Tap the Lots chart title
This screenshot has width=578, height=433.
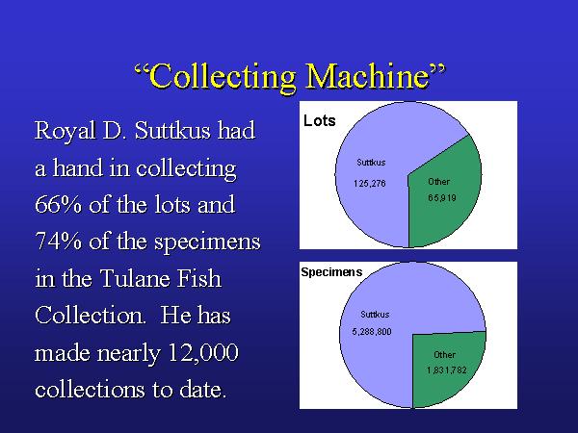point(319,121)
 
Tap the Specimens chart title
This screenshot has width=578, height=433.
point(331,272)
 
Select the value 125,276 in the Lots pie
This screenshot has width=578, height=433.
point(369,184)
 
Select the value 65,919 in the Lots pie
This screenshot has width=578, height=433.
point(442,198)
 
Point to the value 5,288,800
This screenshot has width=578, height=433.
point(372,332)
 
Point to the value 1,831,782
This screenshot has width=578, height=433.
point(447,370)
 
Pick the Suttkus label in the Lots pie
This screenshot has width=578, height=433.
point(371,163)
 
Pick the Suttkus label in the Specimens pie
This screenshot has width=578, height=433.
point(375,315)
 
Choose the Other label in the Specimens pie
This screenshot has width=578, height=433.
point(444,355)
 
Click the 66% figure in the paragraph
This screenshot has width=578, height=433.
point(58,205)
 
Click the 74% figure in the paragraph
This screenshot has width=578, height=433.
point(58,242)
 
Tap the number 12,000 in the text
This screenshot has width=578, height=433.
point(202,353)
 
